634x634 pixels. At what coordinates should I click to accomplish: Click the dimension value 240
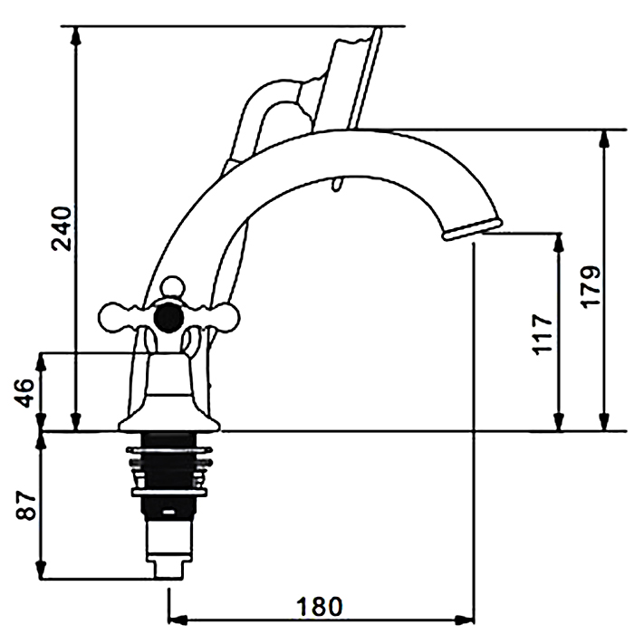[x=62, y=228]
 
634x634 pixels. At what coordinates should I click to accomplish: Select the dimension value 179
[x=591, y=287]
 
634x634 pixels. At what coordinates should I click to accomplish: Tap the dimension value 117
[x=542, y=334]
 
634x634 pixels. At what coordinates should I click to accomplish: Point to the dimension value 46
[x=24, y=392]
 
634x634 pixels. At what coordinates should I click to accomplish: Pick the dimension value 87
[x=26, y=505]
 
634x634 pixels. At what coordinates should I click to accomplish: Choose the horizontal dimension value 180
[x=320, y=607]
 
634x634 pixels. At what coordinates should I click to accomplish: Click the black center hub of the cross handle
[x=168, y=319]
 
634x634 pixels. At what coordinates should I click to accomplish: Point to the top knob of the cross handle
[x=173, y=286]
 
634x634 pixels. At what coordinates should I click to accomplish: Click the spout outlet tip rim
[x=472, y=229]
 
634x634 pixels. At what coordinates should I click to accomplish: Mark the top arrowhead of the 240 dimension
[x=75, y=35]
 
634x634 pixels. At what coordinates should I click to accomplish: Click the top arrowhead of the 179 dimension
[x=604, y=139]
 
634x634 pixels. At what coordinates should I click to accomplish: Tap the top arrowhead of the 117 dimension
[x=559, y=243]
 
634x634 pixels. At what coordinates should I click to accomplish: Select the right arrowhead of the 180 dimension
[x=464, y=619]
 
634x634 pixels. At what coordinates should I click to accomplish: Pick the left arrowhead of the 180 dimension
[x=178, y=619]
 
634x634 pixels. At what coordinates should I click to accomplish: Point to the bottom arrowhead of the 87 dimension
[x=41, y=570]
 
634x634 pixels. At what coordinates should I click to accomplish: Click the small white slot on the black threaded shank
[x=169, y=513]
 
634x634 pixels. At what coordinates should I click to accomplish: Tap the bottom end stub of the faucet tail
[x=168, y=570]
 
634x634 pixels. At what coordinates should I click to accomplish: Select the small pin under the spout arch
[x=337, y=183]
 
